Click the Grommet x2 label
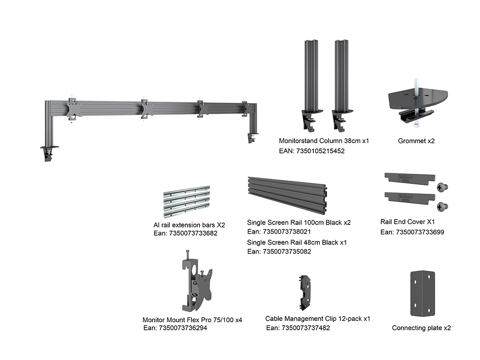pyautogui.click(x=416, y=141)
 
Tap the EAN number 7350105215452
pyautogui.click(x=312, y=151)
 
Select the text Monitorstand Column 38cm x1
pyautogui.click(x=324, y=141)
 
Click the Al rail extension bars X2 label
pyautogui.click(x=189, y=225)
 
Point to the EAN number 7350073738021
pyautogui.click(x=279, y=232)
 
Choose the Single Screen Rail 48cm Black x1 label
pyautogui.click(x=297, y=242)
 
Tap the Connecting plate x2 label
pyautogui.click(x=421, y=328)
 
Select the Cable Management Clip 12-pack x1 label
pyautogui.click(x=318, y=319)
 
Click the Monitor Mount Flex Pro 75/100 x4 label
pyautogui.click(x=192, y=320)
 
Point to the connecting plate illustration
pyautogui.click(x=422, y=293)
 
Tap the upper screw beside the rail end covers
pyautogui.click(x=442, y=187)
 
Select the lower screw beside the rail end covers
pyautogui.click(x=442, y=206)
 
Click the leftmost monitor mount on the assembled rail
pyautogui.click(x=73, y=109)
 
